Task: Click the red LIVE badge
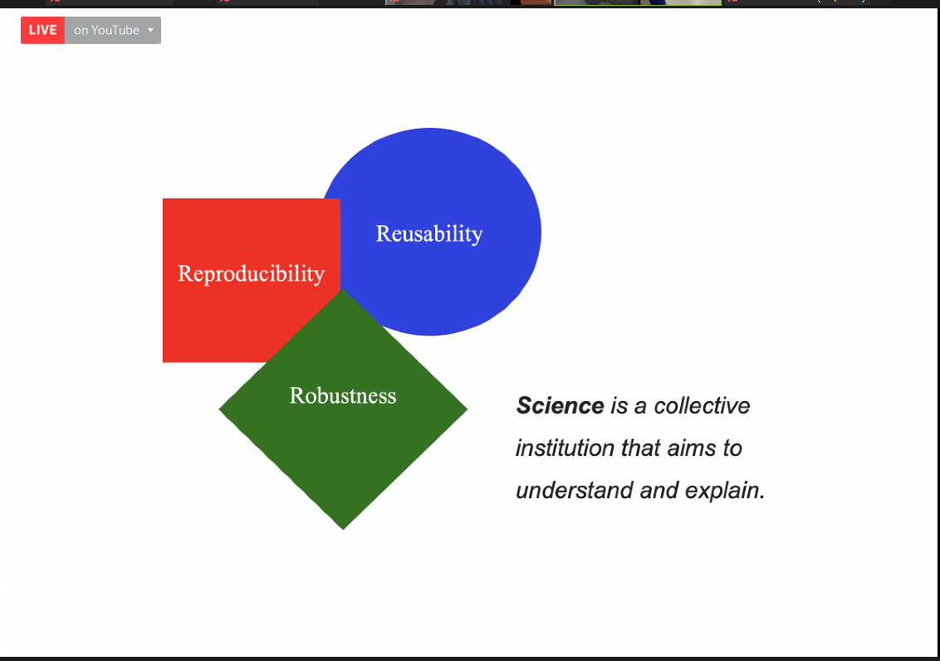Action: click(x=42, y=31)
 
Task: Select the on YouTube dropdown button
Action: click(x=112, y=31)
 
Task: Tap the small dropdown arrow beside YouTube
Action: click(x=150, y=31)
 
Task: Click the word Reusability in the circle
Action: click(x=428, y=233)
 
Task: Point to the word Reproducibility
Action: click(x=251, y=273)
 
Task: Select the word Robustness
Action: click(x=343, y=395)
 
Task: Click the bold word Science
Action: click(x=560, y=406)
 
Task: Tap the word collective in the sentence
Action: click(x=702, y=406)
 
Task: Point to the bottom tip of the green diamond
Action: click(x=343, y=528)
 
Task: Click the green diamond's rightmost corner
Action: click(x=467, y=409)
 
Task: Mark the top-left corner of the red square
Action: click(x=164, y=200)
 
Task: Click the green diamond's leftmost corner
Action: click(x=220, y=409)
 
